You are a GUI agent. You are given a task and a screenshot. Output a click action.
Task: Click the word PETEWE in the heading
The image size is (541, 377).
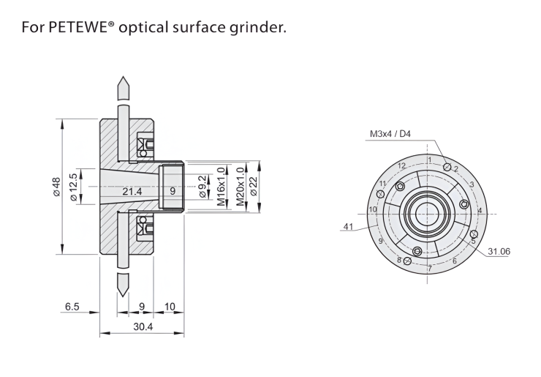click(77, 27)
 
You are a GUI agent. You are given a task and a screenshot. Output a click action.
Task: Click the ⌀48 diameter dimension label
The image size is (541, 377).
click(56, 187)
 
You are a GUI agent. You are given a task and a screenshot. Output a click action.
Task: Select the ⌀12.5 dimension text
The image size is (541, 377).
click(73, 187)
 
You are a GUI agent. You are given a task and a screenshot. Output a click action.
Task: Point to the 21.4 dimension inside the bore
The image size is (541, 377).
click(132, 191)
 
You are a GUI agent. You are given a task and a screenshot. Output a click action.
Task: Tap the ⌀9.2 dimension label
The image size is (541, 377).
click(203, 187)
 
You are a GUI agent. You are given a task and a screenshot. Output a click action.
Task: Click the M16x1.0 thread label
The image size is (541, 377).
click(222, 186)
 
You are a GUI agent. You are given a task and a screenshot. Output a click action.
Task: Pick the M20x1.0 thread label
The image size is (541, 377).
click(240, 186)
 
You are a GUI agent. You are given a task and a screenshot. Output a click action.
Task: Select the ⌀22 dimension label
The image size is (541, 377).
click(254, 187)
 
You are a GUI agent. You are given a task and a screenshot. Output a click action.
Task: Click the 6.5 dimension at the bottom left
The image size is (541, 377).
click(72, 307)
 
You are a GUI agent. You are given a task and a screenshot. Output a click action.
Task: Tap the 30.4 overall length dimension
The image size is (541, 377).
click(143, 326)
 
